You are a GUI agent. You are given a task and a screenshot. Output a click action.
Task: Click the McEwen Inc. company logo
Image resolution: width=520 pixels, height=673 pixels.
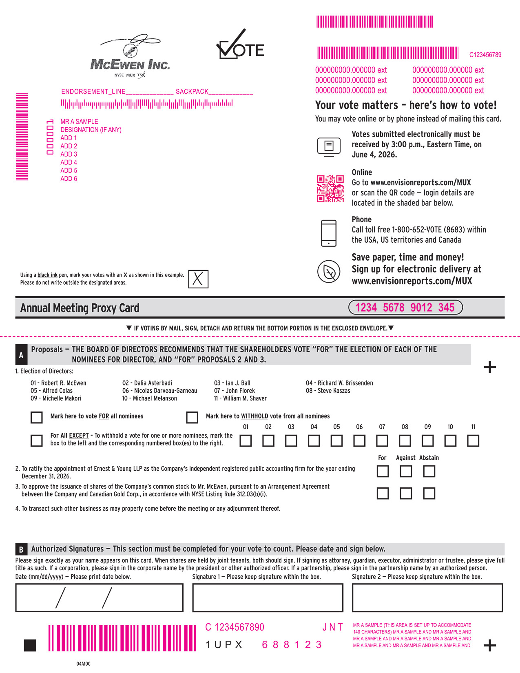[130, 56]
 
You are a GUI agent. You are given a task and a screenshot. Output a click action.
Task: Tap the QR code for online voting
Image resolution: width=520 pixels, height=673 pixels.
[330, 188]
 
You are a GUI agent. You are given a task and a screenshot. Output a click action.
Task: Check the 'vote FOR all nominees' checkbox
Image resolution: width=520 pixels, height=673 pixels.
[37, 417]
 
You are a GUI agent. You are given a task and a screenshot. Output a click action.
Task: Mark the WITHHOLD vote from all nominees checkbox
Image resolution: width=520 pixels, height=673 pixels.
[192, 417]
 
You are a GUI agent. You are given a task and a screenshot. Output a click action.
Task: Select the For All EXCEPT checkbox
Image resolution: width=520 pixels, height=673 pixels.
[37, 441]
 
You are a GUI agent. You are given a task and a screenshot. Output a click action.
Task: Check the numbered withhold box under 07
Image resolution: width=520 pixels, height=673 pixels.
[382, 441]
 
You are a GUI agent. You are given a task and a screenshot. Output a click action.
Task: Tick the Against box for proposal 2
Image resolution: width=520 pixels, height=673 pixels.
[406, 472]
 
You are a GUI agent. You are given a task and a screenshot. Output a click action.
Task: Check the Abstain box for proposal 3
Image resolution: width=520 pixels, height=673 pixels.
[429, 494]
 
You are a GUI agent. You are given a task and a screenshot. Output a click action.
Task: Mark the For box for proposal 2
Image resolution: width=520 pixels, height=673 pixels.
[383, 472]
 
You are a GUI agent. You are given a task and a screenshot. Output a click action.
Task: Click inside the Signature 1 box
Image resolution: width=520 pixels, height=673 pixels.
[268, 598]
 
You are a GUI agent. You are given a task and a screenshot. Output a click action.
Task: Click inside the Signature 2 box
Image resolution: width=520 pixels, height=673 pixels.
[427, 598]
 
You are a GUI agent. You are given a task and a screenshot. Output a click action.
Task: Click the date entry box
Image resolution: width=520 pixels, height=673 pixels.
[99, 598]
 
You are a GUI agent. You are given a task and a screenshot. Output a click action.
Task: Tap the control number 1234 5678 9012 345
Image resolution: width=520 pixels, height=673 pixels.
[405, 308]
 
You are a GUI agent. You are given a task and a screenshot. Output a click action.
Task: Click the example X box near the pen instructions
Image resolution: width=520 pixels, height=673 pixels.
[198, 279]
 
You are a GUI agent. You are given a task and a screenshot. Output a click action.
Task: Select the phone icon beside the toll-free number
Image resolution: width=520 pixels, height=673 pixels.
[329, 233]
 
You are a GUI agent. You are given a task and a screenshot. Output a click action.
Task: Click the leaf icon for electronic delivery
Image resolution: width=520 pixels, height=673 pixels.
[329, 272]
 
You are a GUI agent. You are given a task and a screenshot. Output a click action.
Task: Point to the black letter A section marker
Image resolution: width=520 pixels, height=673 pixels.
[21, 355]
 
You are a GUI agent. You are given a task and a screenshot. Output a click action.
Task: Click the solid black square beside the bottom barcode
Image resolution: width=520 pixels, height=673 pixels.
[30, 645]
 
